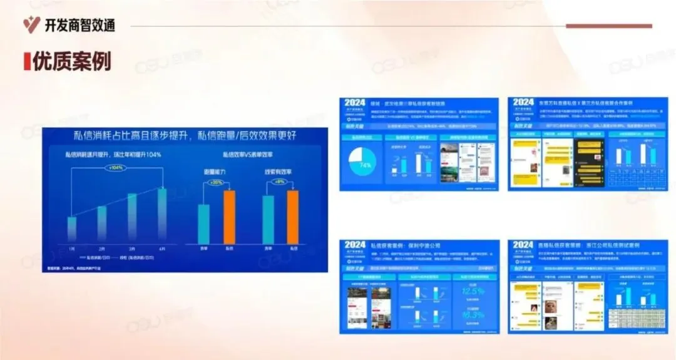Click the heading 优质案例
pyautogui.click(x=71, y=61)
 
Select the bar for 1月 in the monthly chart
pyautogui.click(x=72, y=229)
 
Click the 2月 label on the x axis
pyautogui.click(x=101, y=248)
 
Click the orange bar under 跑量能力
pyautogui.click(x=230, y=217)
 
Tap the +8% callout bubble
pyautogui.click(x=280, y=182)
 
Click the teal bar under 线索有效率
pyautogui.click(x=268, y=219)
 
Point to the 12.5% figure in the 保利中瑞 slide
pyautogui.click(x=473, y=292)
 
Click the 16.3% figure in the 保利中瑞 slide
pyautogui.click(x=473, y=315)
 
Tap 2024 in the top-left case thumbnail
pyautogui.click(x=355, y=103)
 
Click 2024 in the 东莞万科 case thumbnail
pyautogui.click(x=523, y=103)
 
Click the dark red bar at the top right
pyautogui.click(x=609, y=26)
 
